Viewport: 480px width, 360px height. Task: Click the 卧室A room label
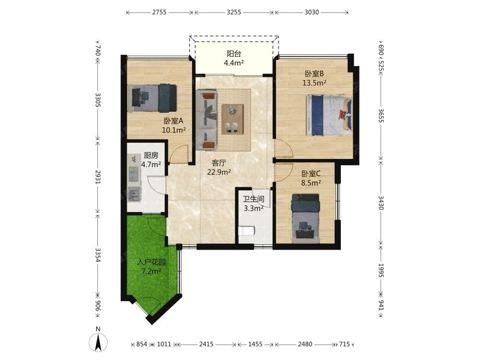[174, 120]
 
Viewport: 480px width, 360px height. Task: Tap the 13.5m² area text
[314, 83]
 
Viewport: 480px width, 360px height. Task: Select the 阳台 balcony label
[234, 54]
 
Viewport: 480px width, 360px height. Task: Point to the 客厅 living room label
[218, 163]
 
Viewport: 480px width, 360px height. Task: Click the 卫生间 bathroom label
[253, 199]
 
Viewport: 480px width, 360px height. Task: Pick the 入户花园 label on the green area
[152, 262]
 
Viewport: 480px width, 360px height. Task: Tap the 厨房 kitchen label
[151, 156]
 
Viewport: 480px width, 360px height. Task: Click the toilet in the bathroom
[246, 231]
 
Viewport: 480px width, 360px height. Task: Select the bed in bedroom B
[329, 115]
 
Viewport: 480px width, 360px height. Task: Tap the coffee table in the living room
[232, 119]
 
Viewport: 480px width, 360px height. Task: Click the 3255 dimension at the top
[234, 12]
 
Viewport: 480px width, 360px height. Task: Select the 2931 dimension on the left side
[97, 177]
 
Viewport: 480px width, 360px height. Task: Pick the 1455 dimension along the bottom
[255, 344]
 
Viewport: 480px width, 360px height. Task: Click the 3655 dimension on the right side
[381, 115]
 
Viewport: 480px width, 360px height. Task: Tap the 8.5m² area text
[311, 183]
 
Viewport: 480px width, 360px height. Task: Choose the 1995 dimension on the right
[381, 270]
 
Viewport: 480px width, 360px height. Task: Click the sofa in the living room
[206, 120]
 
